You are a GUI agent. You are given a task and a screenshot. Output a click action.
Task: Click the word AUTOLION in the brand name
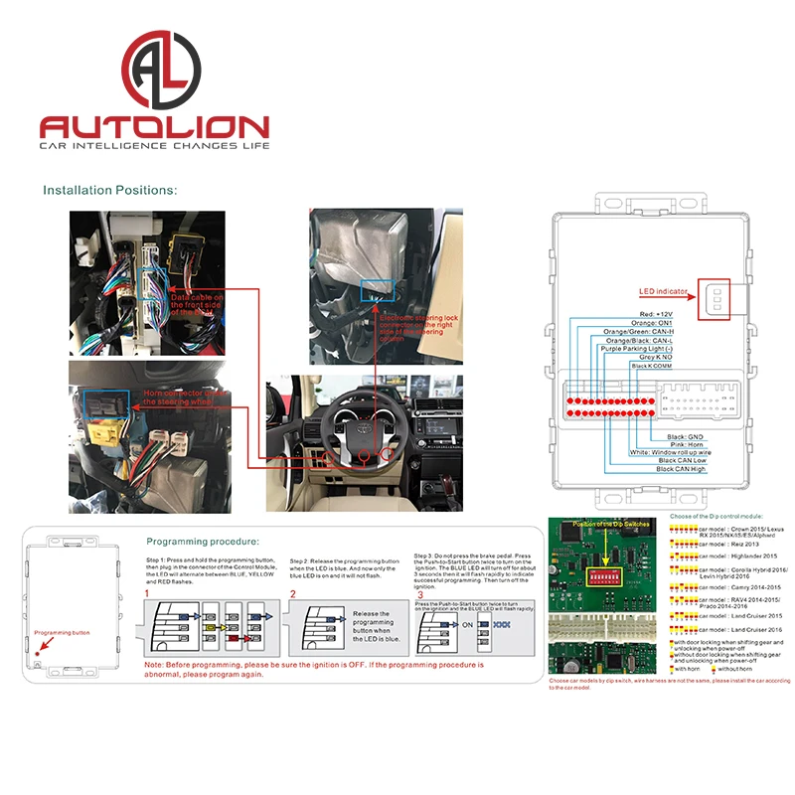[x=154, y=127]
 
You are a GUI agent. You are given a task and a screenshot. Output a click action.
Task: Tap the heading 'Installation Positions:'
[x=109, y=189]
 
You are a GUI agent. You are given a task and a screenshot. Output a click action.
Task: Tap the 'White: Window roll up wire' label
[x=672, y=452]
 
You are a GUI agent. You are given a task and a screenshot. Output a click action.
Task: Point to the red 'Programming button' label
[x=61, y=632]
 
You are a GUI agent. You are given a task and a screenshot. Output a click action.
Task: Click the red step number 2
[x=293, y=594]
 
